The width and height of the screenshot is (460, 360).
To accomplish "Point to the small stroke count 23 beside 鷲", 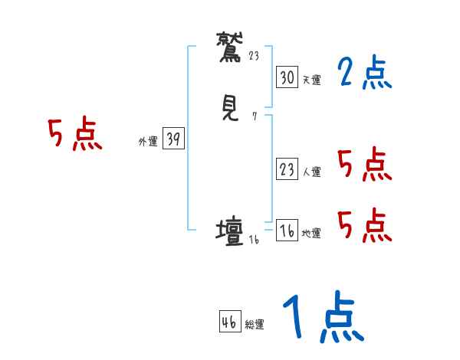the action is (255, 55).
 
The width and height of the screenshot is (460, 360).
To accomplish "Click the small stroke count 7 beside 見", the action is (255, 116).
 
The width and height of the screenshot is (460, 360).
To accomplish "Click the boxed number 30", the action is (287, 77).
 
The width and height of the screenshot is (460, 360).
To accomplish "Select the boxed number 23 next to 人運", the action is (287, 170).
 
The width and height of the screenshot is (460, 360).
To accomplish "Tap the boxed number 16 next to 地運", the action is (287, 231).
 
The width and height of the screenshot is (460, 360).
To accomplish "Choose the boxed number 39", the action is (173, 139).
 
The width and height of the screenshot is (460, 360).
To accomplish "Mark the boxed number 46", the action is (229, 322).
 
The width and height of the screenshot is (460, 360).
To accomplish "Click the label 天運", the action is (311, 80).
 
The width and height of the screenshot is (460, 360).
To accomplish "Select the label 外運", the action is (147, 142).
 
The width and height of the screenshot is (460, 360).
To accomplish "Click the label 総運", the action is (255, 325).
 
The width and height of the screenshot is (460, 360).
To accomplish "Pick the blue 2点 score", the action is (363, 73).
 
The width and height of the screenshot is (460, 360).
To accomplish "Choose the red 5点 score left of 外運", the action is (74, 136).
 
